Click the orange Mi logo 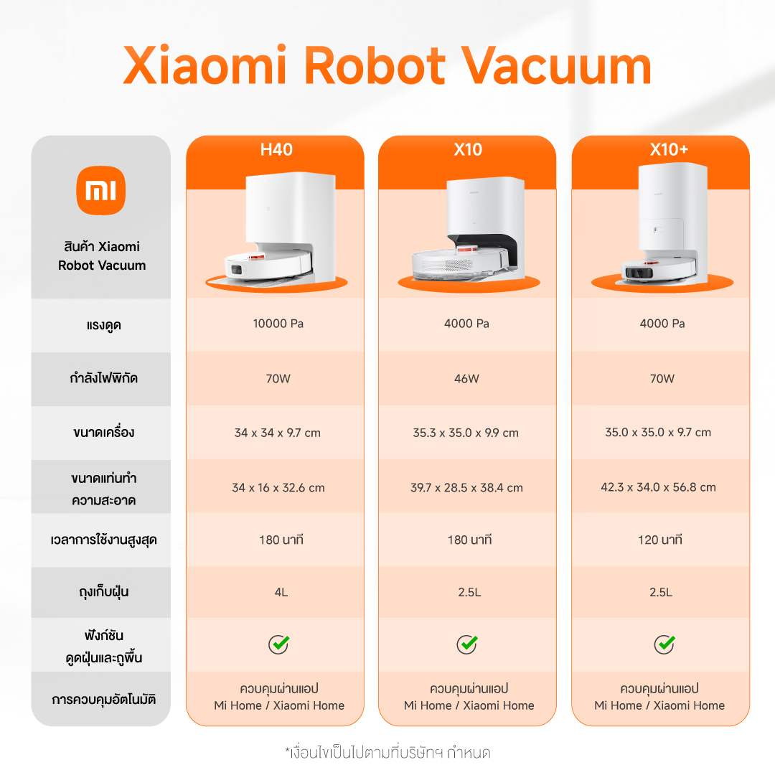(100, 190)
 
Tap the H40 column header (276, 150)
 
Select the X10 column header (468, 150)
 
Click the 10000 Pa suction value (278, 324)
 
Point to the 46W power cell (467, 378)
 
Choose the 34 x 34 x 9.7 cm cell (278, 433)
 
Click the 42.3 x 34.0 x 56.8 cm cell (658, 487)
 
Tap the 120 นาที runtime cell (659, 540)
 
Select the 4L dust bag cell (278, 593)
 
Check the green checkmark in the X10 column (467, 644)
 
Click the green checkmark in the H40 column (278, 644)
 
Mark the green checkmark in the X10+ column (664, 644)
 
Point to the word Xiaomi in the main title (205, 66)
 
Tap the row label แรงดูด (102, 326)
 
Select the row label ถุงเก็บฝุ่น (102, 593)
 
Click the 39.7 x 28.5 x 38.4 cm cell (466, 487)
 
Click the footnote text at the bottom (387, 753)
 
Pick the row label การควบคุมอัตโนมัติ (103, 699)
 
